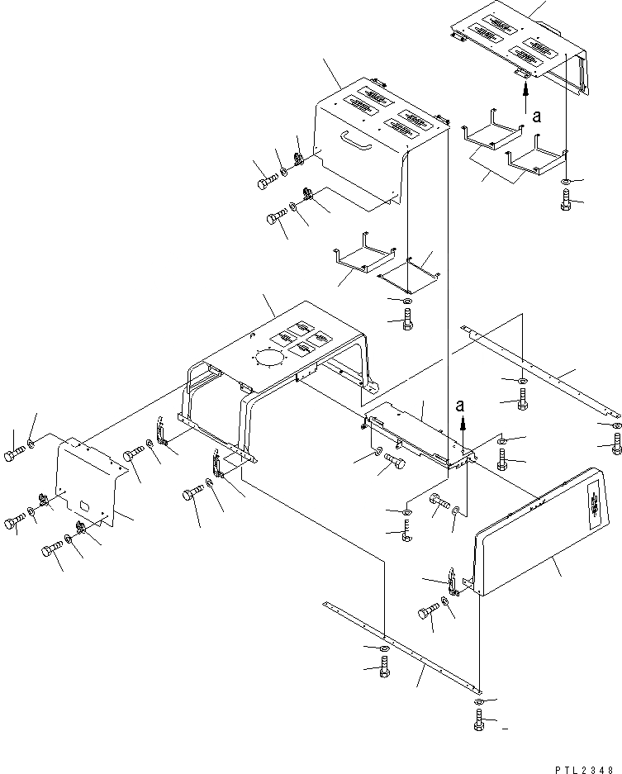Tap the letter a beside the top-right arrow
(538, 117)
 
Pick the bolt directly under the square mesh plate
(406, 320)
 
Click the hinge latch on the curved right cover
(453, 581)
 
